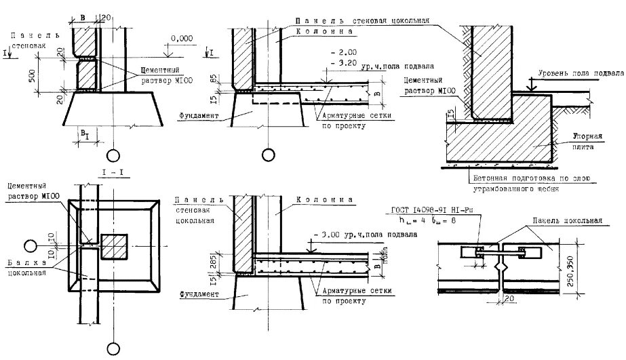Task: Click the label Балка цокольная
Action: coord(25,268)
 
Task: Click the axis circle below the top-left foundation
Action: coord(113,154)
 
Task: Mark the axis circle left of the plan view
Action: coord(28,245)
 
